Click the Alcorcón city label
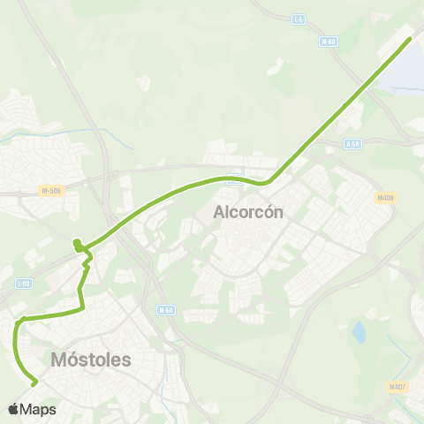[x=248, y=212]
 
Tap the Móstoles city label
[x=91, y=360]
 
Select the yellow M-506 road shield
[x=50, y=190]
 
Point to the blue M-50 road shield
[x=164, y=310]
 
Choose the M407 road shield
[x=396, y=386]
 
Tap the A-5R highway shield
[x=352, y=143]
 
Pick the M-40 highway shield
[x=329, y=41]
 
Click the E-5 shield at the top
[x=299, y=19]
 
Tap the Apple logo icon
[x=13, y=409]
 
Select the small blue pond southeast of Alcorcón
[x=359, y=333]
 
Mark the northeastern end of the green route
[x=410, y=39]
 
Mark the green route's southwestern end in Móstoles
[x=34, y=383]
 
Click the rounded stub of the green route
[x=77, y=242]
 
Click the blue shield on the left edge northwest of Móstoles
[x=24, y=283]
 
